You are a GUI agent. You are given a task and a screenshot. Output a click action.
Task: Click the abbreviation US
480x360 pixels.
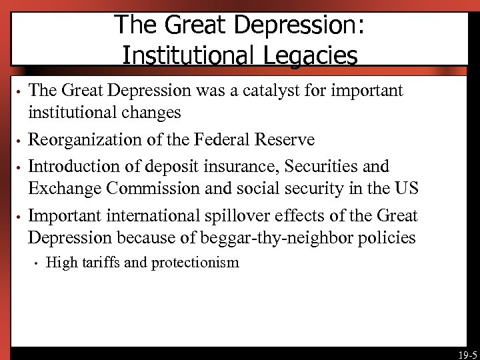pos(405,189)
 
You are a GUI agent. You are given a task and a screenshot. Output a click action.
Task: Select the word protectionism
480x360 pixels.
pos(195,263)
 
